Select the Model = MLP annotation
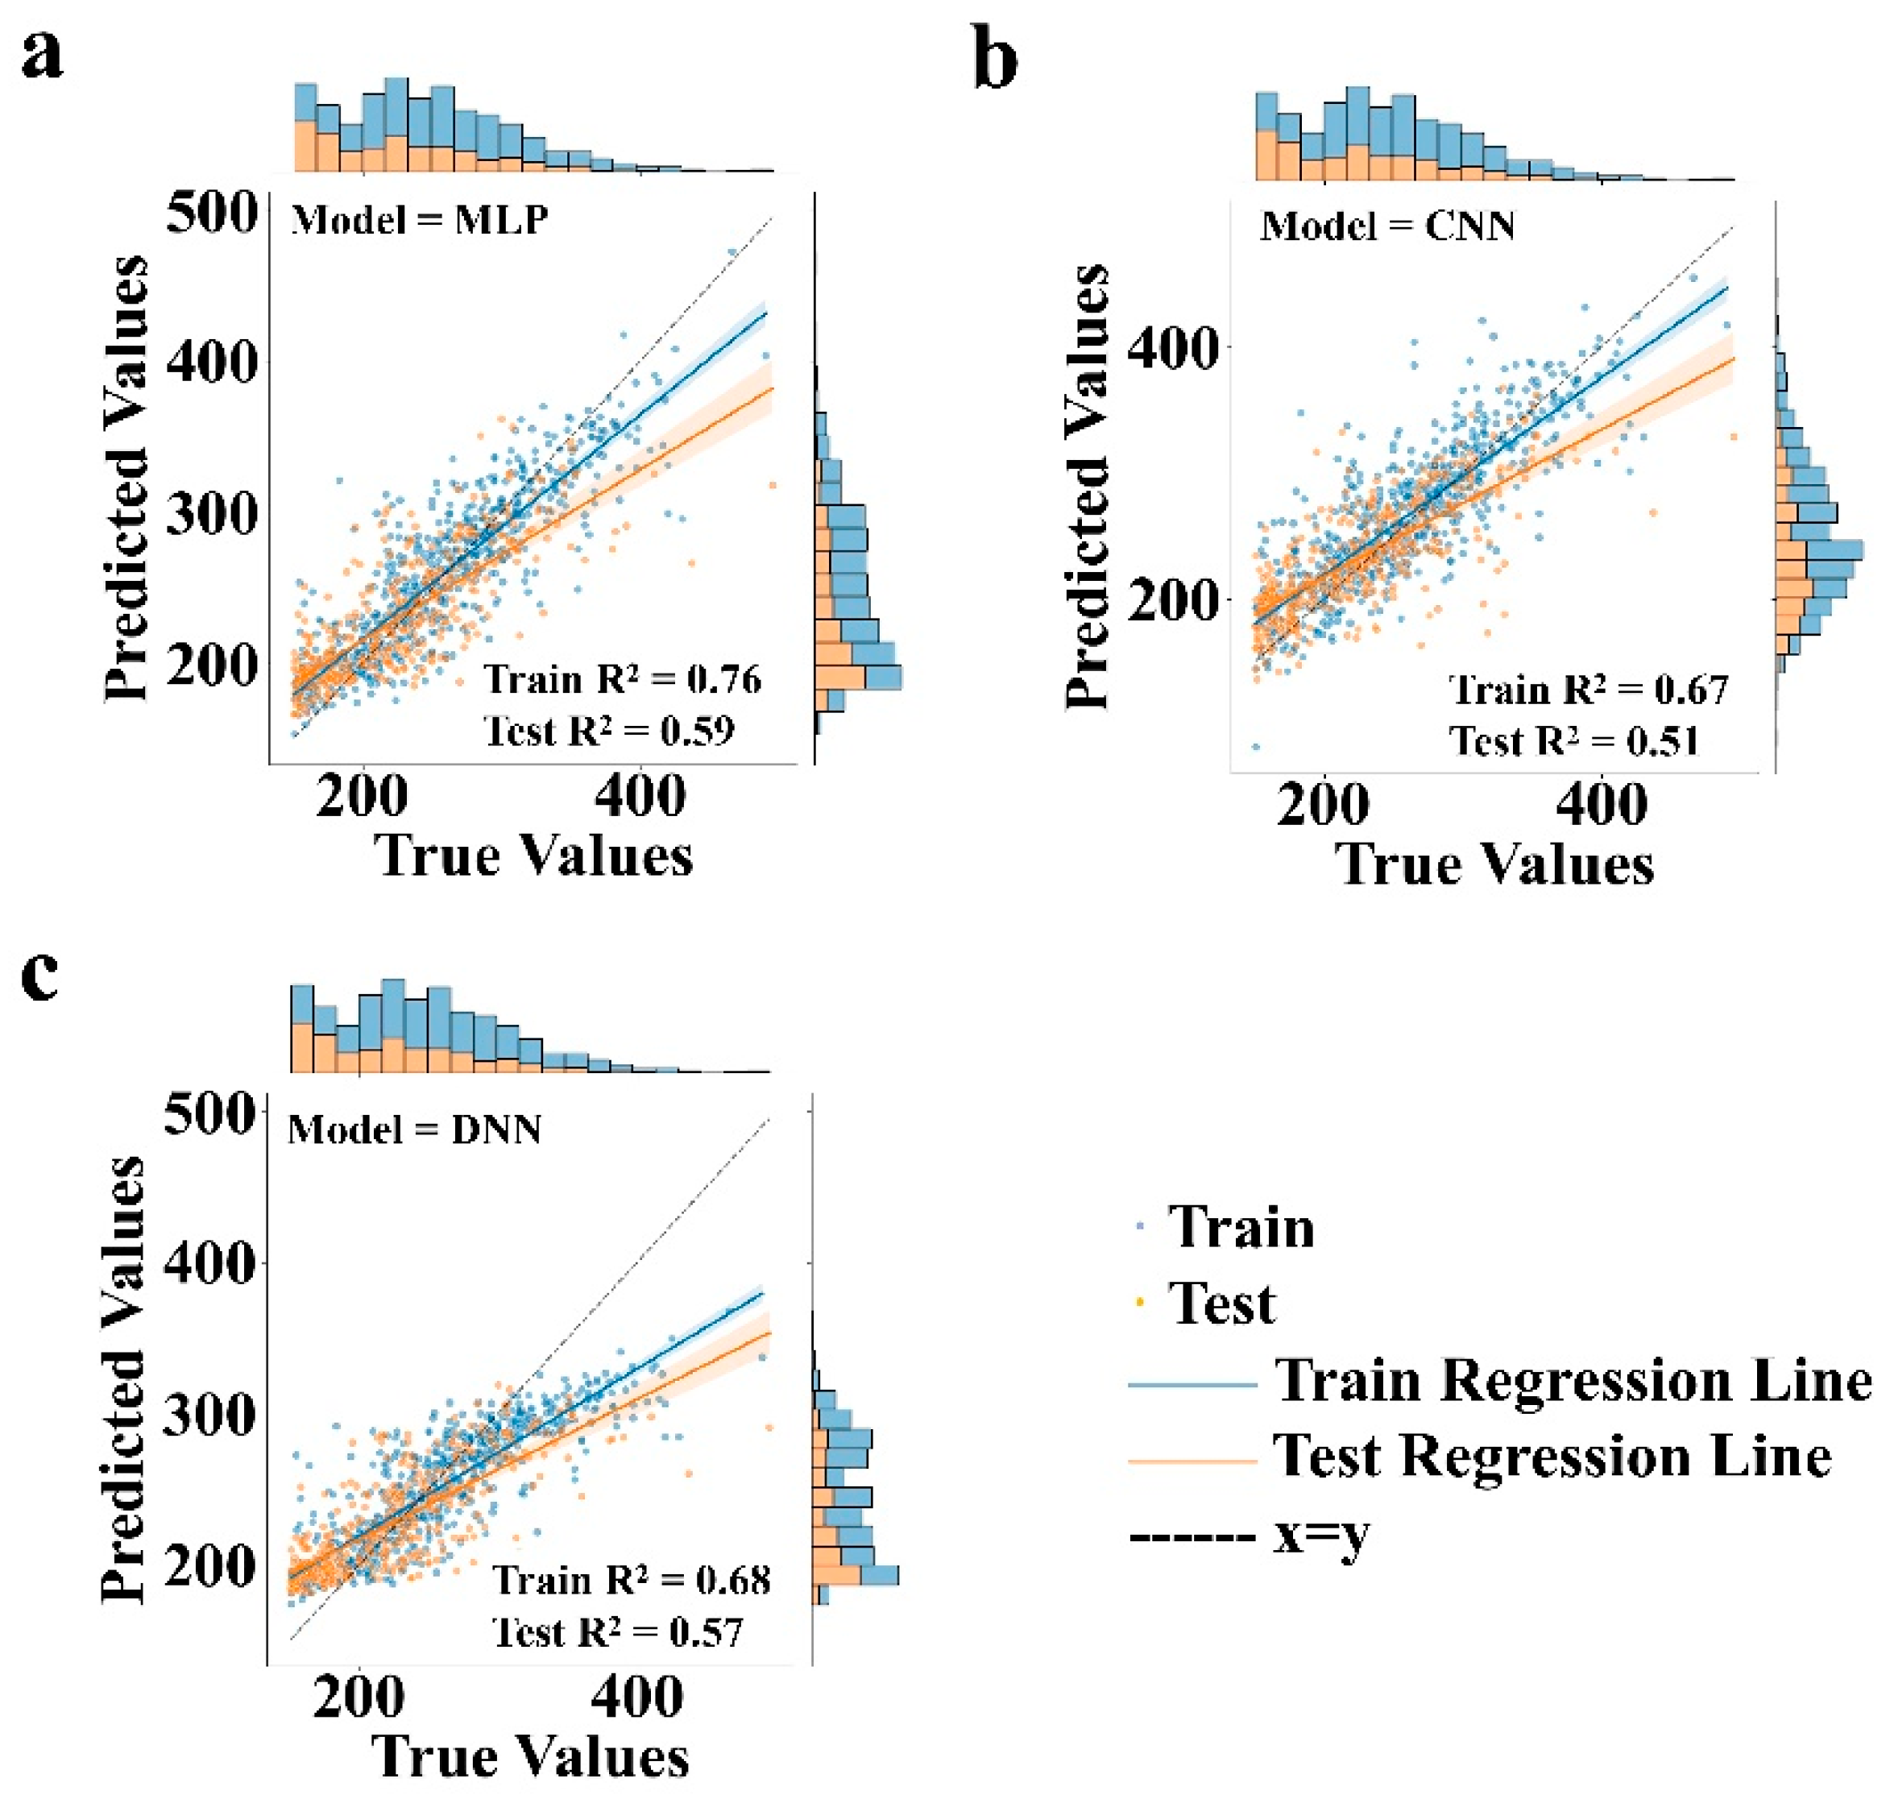pyautogui.click(x=419, y=221)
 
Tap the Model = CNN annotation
pyautogui.click(x=1386, y=226)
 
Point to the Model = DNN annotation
pyautogui.click(x=414, y=1129)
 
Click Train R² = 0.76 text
pyautogui.click(x=621, y=679)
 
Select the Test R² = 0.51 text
pyautogui.click(x=1573, y=740)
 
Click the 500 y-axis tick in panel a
pyautogui.click(x=212, y=212)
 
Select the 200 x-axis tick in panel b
pyautogui.click(x=1322, y=803)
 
